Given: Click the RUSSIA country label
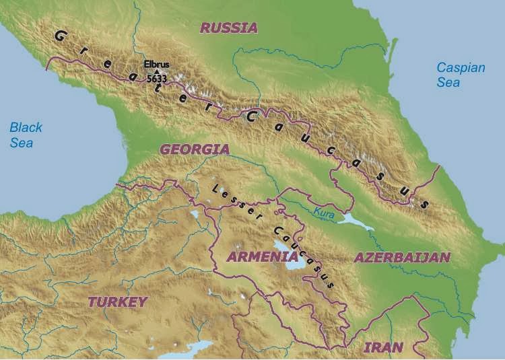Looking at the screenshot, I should click(229, 28).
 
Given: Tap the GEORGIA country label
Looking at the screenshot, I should click(195, 149).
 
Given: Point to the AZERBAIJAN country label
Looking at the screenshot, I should click(401, 257).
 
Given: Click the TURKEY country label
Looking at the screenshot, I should click(118, 301).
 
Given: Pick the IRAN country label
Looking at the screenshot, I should click(383, 347).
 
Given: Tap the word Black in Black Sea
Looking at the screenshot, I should click(26, 127).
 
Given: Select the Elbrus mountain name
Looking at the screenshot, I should click(156, 65).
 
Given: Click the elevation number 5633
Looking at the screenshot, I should click(156, 78).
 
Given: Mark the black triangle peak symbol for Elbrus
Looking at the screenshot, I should click(157, 71).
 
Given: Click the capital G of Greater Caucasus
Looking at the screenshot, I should click(59, 35).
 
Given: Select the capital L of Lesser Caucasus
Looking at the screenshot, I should click(215, 188).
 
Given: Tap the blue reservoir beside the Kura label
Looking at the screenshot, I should click(356, 219).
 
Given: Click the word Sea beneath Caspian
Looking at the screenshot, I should click(448, 82).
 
